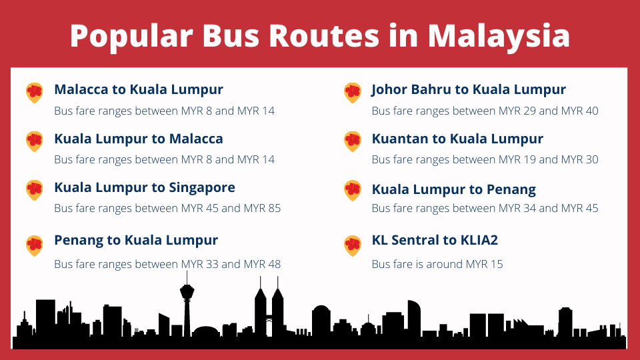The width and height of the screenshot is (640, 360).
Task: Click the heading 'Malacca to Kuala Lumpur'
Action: click(139, 90)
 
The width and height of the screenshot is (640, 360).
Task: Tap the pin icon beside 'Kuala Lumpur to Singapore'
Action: click(34, 190)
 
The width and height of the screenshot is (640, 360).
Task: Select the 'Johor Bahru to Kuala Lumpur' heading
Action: click(469, 90)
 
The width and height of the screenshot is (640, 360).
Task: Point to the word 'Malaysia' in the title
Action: click(499, 36)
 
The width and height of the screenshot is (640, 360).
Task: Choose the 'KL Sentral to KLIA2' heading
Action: click(435, 240)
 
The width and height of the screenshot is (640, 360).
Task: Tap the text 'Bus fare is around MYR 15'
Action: click(437, 264)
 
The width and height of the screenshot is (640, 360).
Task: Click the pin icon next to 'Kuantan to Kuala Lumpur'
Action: click(352, 141)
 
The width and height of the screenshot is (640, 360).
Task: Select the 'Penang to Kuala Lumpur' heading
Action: click(136, 241)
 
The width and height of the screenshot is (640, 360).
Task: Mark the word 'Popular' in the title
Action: click(131, 36)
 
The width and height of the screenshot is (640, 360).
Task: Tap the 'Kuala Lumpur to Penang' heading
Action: click(454, 190)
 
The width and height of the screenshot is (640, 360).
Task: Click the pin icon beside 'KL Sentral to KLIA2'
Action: click(352, 246)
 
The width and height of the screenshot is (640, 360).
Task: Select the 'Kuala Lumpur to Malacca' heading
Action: click(139, 139)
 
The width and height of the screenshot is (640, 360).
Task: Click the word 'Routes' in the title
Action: click(324, 36)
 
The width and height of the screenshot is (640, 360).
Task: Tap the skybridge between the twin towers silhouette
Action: click(269, 318)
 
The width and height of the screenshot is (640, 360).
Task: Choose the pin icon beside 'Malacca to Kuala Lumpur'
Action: click(34, 93)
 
